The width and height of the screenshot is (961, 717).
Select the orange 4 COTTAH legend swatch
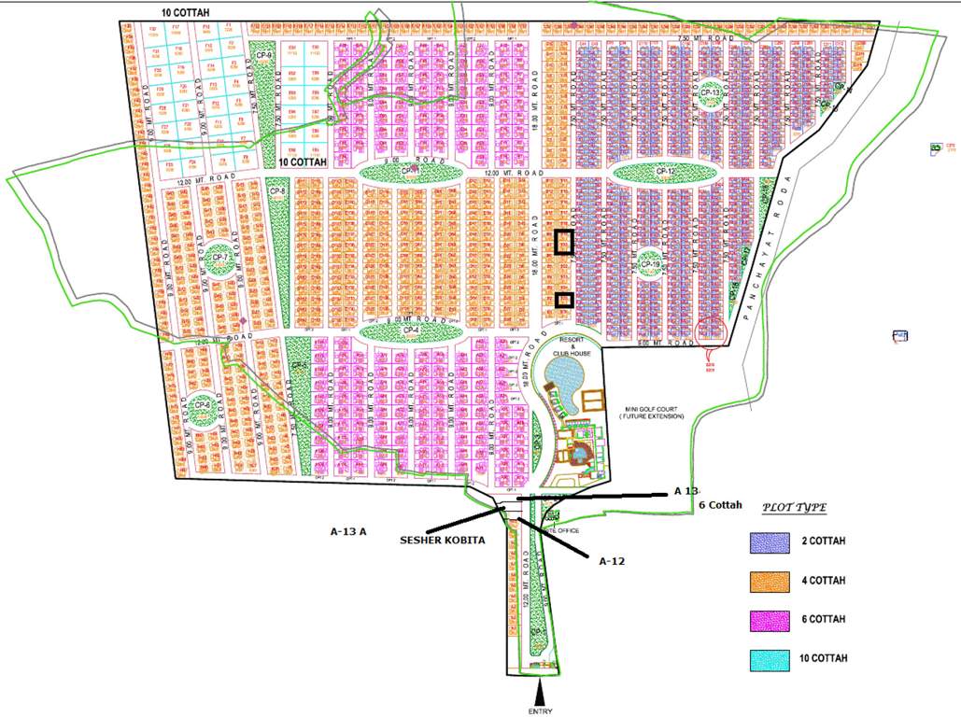click(x=769, y=581)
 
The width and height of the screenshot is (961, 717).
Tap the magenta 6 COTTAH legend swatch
click(x=769, y=619)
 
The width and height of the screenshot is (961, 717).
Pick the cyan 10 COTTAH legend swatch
click(x=769, y=657)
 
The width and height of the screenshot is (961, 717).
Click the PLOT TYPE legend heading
click(x=793, y=507)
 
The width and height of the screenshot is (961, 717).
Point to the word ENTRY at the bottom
click(x=541, y=711)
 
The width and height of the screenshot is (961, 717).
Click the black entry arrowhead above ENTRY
click(x=540, y=694)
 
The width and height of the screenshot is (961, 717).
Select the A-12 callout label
click(x=612, y=560)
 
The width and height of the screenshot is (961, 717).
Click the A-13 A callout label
click(x=348, y=530)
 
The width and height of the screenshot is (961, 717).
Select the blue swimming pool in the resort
click(x=563, y=376)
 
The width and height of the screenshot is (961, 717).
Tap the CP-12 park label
click(x=665, y=172)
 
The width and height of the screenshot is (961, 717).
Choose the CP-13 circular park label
click(x=711, y=93)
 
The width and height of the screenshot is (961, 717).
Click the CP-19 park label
click(x=650, y=264)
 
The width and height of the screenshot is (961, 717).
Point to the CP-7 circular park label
click(x=220, y=257)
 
